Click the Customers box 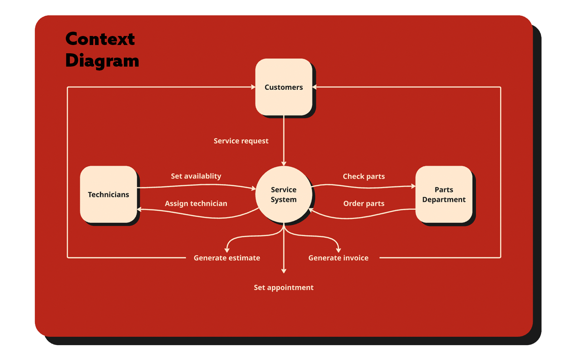(x=284, y=87)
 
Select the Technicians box (x=108, y=194)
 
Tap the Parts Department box (x=444, y=194)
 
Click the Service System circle (x=284, y=194)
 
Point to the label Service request (x=241, y=141)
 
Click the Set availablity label (x=196, y=176)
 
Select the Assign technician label (x=196, y=203)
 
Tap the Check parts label (x=364, y=176)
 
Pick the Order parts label (x=364, y=203)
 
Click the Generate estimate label (x=227, y=258)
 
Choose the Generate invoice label (x=338, y=258)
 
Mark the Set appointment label (x=284, y=287)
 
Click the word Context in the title (x=100, y=39)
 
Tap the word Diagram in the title (x=102, y=60)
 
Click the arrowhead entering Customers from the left (x=253, y=87)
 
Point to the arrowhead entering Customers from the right (x=315, y=87)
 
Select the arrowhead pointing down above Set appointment (x=284, y=271)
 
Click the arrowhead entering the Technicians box (x=139, y=210)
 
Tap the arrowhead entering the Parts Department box (x=413, y=186)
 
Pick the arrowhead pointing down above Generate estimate (x=227, y=250)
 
